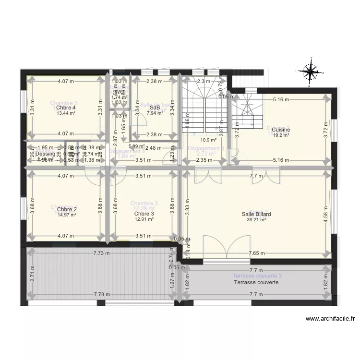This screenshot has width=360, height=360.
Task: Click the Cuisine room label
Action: coord(281,130)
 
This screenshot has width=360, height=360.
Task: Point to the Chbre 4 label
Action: coord(66,108)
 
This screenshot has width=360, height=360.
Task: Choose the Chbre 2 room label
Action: coord(66,209)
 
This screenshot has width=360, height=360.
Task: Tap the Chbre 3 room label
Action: coord(144,214)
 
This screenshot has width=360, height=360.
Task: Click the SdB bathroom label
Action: coord(155,108)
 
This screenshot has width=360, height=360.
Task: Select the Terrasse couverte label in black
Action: coord(256,283)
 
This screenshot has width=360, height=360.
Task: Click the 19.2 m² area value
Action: coord(281,135)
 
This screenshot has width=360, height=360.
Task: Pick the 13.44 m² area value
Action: coord(66,114)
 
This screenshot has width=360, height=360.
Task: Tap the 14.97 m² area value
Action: coord(66,215)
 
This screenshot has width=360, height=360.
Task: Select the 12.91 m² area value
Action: coord(144,219)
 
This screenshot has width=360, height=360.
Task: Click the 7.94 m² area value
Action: coord(155,114)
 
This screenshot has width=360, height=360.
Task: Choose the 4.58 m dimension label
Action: coord(325,209)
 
